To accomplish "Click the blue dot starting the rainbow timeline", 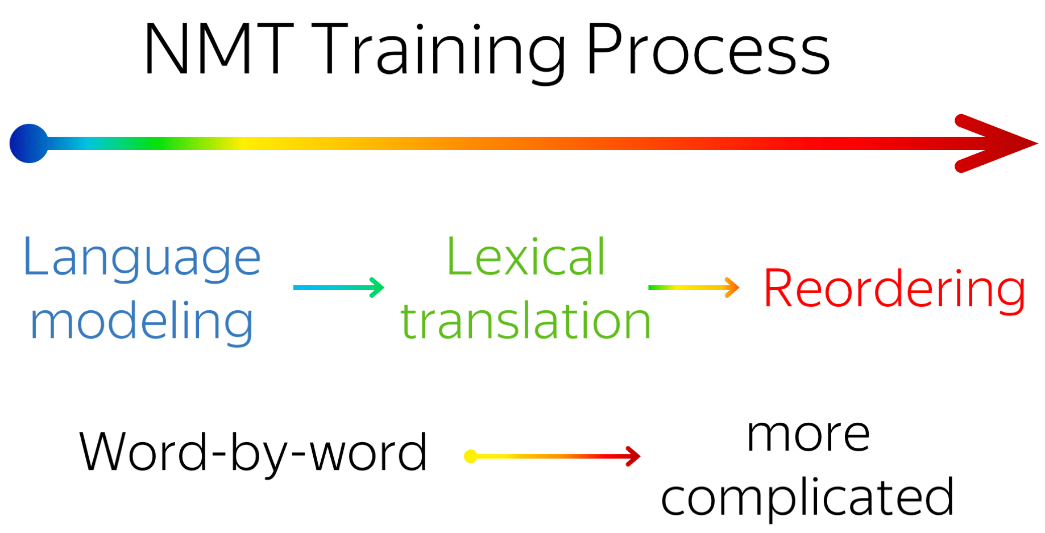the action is (29, 143).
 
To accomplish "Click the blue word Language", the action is (142, 258).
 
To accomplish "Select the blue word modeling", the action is (142, 322).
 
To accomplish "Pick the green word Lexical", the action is (526, 257).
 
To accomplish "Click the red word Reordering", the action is (895, 290).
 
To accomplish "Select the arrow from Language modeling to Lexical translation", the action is (339, 288).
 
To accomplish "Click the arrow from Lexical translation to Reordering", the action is (694, 288).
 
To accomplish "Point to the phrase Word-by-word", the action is (253, 453).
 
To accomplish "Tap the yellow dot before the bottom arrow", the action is (471, 456).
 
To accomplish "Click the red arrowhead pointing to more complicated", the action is (633, 456).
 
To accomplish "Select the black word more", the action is (808, 436).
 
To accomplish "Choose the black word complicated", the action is (807, 498).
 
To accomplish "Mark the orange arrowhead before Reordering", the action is (732, 288).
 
